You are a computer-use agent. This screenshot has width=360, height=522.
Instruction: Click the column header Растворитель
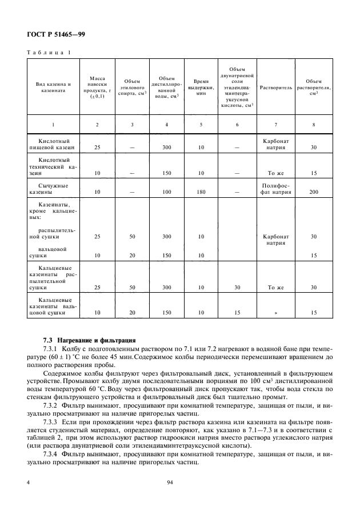click(276, 88)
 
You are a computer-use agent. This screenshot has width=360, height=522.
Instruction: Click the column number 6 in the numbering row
click(237, 124)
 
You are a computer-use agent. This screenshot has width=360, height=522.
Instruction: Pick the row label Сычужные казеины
click(53, 189)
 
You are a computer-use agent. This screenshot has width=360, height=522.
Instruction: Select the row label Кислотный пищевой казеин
click(53, 144)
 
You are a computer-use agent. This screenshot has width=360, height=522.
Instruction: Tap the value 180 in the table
click(201, 193)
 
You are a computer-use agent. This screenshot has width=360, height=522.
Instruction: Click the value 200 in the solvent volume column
click(313, 193)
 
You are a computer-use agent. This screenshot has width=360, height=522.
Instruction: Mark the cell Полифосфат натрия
click(276, 189)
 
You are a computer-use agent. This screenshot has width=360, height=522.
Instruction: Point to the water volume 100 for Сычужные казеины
click(166, 193)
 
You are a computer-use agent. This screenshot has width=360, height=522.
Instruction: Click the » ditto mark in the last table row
click(276, 313)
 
